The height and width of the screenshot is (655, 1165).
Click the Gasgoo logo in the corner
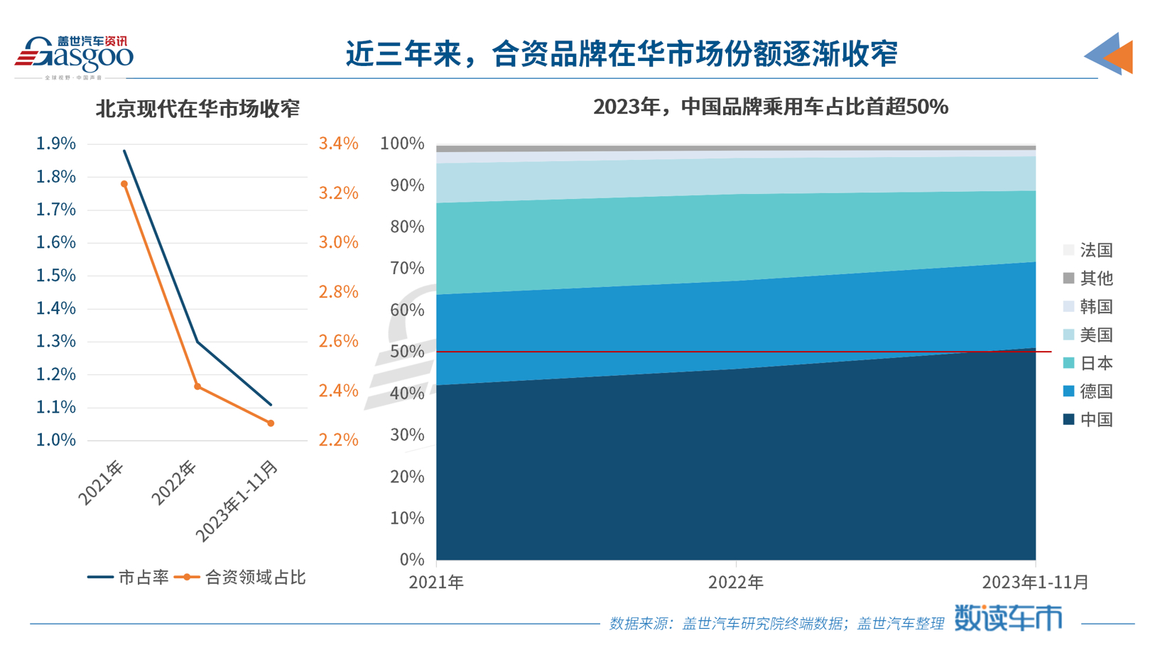tap(74, 55)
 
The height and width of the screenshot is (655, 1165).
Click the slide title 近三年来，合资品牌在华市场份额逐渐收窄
tap(622, 54)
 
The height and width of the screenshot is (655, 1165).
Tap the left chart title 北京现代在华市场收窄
tap(197, 109)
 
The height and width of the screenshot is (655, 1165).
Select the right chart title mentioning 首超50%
tap(770, 107)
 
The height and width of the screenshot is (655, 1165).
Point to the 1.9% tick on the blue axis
tap(55, 144)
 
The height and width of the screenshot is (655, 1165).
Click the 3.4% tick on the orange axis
tap(338, 144)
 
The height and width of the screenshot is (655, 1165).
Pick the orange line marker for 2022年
tap(197, 386)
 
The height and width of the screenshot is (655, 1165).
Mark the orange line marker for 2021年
tap(124, 184)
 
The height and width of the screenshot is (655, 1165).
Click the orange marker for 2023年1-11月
tap(271, 423)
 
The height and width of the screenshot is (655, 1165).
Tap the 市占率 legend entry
tap(129, 578)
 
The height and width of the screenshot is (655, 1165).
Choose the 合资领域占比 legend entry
tap(240, 578)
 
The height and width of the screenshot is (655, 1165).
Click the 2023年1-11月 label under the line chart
tap(237, 502)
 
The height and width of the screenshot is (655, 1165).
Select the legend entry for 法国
tap(1088, 250)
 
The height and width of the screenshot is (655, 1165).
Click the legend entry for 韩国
tap(1088, 307)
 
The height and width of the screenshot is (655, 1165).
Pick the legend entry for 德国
tap(1088, 391)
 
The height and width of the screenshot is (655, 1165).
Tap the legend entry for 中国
tap(1088, 420)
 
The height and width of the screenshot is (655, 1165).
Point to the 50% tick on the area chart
tap(407, 352)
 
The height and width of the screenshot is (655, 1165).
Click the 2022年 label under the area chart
tap(735, 583)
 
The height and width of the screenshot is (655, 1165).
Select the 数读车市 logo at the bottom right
tap(1007, 618)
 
